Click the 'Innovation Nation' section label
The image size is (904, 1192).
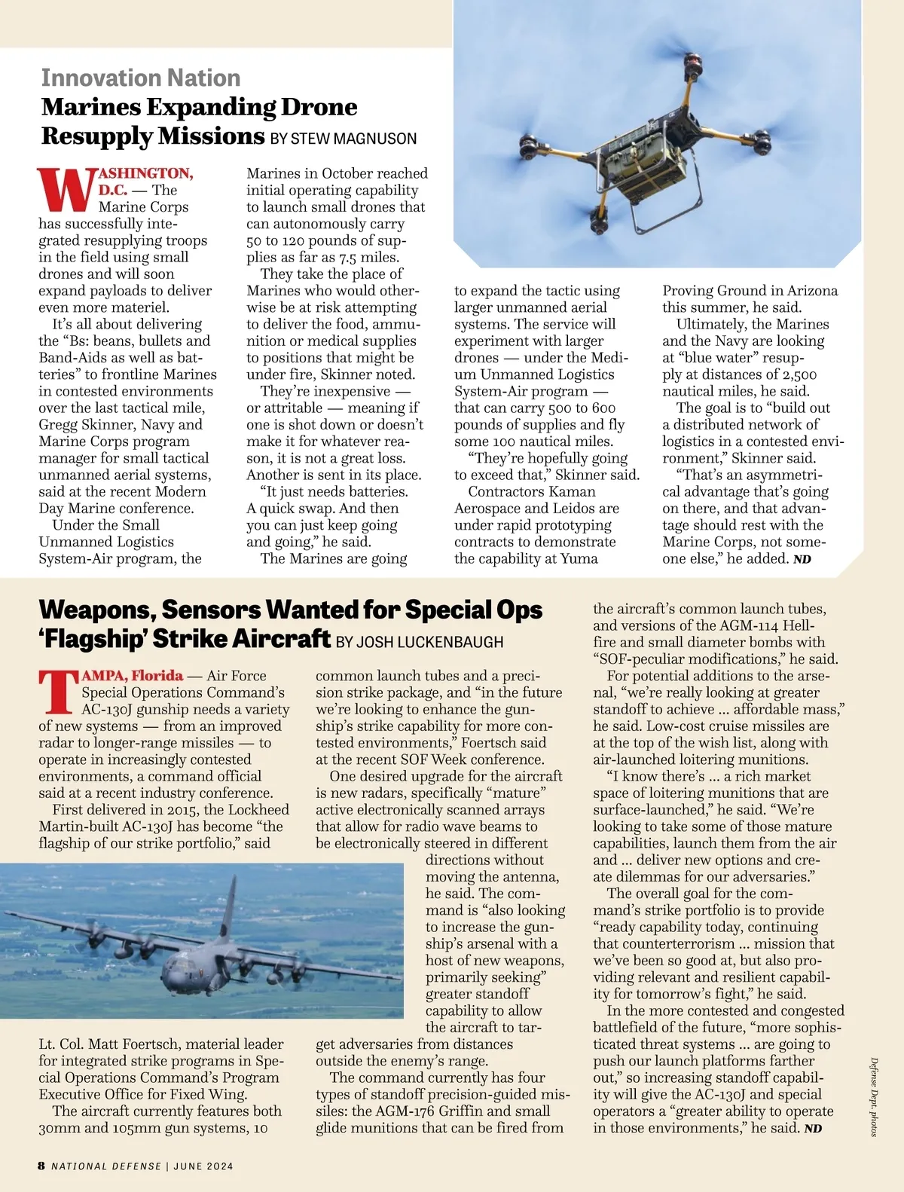tap(141, 78)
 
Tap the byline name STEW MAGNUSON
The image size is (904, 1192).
tap(353, 139)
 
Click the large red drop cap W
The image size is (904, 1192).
tap(66, 190)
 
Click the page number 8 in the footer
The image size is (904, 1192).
tap(41, 1166)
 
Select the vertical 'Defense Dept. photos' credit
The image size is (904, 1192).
tap(873, 1096)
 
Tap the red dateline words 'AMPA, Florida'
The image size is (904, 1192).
tap(133, 675)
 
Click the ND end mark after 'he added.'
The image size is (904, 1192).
tap(802, 559)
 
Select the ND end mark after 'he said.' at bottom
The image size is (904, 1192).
tap(813, 1129)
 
